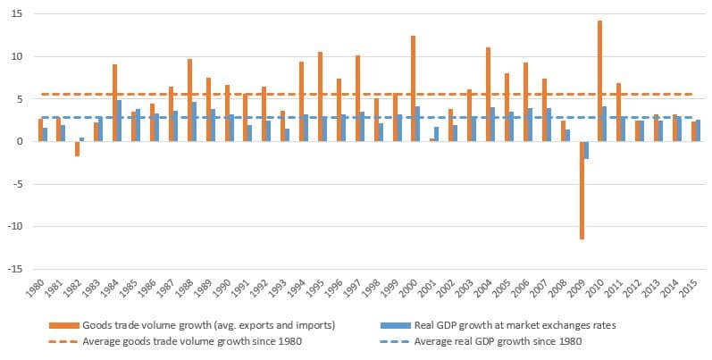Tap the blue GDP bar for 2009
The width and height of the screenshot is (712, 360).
pyautogui.click(x=586, y=150)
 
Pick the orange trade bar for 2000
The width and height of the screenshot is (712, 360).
pyautogui.click(x=413, y=88)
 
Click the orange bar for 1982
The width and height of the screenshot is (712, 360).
pyautogui.click(x=77, y=148)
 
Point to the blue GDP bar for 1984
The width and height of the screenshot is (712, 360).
pyautogui.click(x=120, y=121)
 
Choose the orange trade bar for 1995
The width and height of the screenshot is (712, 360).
pyautogui.click(x=320, y=96)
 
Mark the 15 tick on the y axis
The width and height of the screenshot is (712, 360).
pyautogui.click(x=17, y=14)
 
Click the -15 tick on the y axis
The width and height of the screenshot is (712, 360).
pyautogui.click(x=15, y=269)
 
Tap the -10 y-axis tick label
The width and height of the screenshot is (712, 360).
pyautogui.click(x=15, y=226)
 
